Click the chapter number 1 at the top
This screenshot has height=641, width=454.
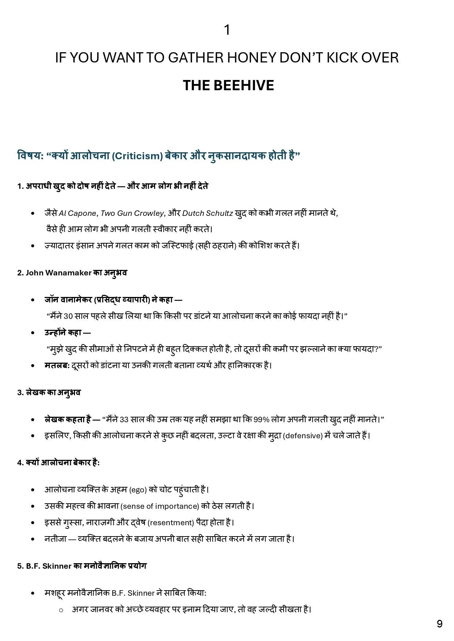pyautogui.click(x=227, y=30)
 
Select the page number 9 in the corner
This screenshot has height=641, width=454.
pyautogui.click(x=439, y=623)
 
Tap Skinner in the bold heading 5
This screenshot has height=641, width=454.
pyautogui.click(x=57, y=566)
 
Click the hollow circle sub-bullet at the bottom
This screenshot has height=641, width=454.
pyautogui.click(x=61, y=610)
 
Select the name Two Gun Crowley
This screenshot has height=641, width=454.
pyautogui.click(x=132, y=213)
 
